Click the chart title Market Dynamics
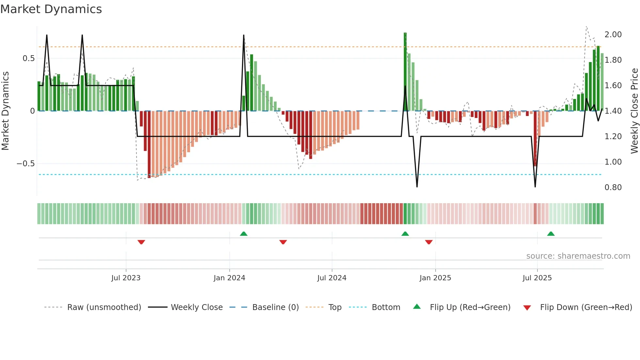[x=51, y=9]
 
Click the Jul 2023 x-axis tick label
[x=126, y=278]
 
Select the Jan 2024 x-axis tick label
[x=229, y=278]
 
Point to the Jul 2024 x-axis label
[x=332, y=278]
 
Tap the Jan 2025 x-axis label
[x=435, y=278]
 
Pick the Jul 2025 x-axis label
[x=537, y=278]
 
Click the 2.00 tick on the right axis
[x=613, y=35]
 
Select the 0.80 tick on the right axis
[x=613, y=188]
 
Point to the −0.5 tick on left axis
[x=26, y=164]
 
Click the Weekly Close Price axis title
[x=634, y=111]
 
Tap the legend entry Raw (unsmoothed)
[x=104, y=307]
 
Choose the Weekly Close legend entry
[x=197, y=307]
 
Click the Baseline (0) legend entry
[x=275, y=307]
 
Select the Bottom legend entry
[x=386, y=307]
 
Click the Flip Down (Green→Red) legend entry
[x=586, y=307]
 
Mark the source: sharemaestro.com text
[x=578, y=256]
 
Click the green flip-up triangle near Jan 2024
[x=244, y=234]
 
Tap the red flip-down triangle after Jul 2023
[x=141, y=242]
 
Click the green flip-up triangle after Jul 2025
[x=551, y=234]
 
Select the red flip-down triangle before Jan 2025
[x=429, y=242]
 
